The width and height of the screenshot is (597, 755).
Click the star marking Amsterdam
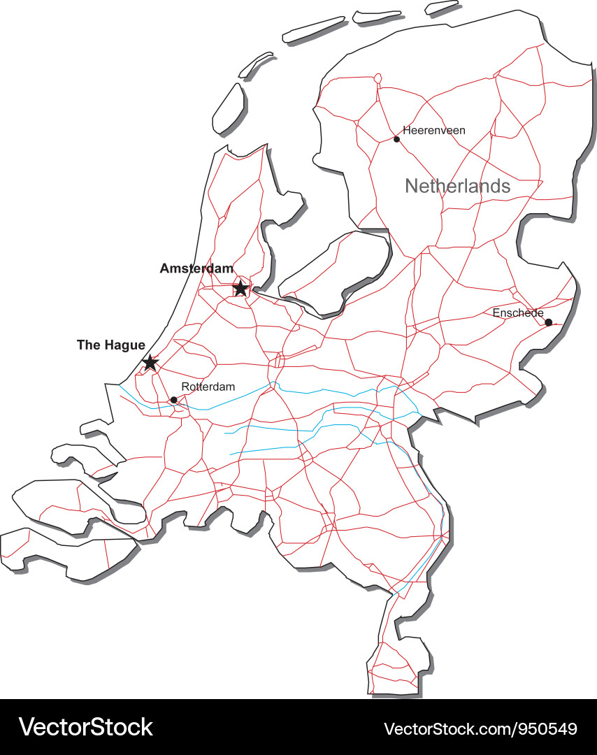tap(240, 288)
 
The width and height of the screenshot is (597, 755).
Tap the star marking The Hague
tap(150, 362)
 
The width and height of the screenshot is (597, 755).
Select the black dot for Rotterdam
tap(173, 400)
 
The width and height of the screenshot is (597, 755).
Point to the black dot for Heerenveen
tap(396, 139)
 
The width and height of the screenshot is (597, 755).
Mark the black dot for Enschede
tap(548, 322)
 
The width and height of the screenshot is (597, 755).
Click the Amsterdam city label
tap(196, 268)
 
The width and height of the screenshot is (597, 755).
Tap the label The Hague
tap(111, 345)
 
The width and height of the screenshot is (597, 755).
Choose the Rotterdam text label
tap(208, 387)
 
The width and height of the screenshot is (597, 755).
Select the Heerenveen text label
tap(434, 130)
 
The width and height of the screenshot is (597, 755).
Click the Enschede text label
tap(518, 312)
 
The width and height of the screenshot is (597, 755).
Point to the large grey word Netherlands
tap(457, 186)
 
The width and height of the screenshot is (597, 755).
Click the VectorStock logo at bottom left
tap(85, 727)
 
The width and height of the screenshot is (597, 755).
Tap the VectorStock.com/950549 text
tap(481, 728)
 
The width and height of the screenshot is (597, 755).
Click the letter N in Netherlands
tap(411, 186)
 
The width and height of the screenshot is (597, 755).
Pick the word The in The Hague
tap(87, 345)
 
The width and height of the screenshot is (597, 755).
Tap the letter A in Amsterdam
tap(165, 268)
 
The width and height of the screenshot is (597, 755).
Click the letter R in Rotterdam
tap(185, 387)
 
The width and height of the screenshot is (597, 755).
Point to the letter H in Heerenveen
tap(406, 130)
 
